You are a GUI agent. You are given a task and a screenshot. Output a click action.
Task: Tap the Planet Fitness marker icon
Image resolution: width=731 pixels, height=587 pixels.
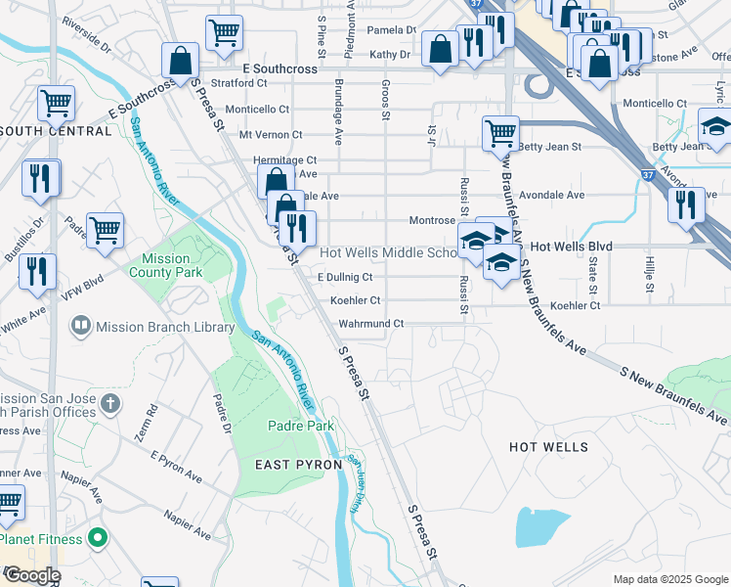[97, 538]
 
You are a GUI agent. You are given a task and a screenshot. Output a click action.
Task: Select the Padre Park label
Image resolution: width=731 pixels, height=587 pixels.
[294, 426]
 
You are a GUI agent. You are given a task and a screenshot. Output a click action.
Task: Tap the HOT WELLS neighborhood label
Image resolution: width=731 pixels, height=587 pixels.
[548, 447]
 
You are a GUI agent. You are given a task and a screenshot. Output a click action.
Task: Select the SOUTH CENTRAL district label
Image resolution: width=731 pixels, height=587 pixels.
[56, 131]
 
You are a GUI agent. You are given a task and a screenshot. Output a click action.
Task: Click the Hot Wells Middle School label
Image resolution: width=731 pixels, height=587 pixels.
[387, 252]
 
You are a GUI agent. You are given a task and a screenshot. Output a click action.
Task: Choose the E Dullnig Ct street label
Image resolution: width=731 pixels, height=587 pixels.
[345, 278]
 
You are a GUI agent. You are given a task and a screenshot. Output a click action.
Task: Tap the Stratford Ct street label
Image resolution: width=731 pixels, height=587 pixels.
[231, 83]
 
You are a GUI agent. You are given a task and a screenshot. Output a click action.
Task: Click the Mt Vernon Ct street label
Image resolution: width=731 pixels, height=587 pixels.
[271, 135]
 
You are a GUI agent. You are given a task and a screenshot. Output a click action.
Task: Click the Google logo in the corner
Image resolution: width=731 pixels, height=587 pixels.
[31, 576]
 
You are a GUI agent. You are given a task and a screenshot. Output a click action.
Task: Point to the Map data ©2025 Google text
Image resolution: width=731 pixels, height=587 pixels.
[669, 579]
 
